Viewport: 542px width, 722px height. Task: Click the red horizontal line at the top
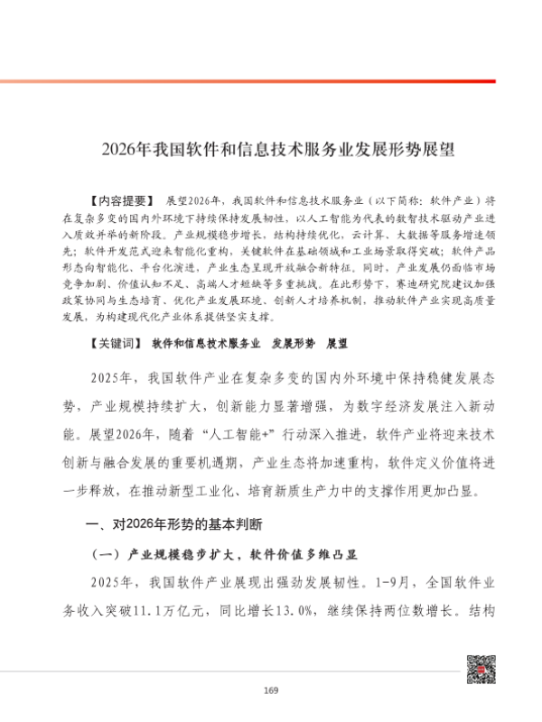(271, 81)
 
